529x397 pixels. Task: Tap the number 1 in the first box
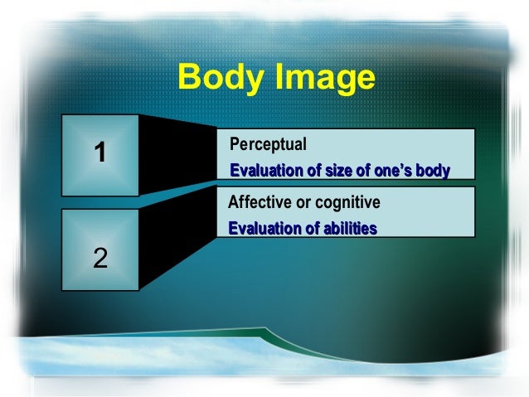pyautogui.click(x=100, y=153)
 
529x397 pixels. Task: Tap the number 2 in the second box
pyautogui.click(x=100, y=258)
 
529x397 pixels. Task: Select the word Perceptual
pyautogui.click(x=268, y=144)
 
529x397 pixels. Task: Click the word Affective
pyautogui.click(x=260, y=203)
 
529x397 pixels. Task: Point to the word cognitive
pyautogui.click(x=347, y=203)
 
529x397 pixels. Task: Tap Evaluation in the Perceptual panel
pyautogui.click(x=263, y=171)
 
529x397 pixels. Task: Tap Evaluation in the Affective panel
pyautogui.click(x=261, y=228)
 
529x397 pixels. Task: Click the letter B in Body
pyautogui.click(x=190, y=80)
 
